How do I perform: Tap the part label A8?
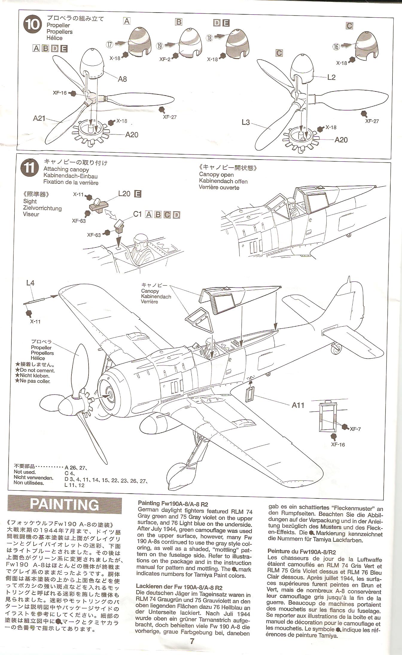click(x=122, y=79)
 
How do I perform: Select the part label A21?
click(x=39, y=118)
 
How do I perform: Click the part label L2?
click(x=331, y=77)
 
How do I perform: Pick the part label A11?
click(x=298, y=405)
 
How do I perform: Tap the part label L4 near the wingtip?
click(x=30, y=282)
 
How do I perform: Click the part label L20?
click(x=124, y=194)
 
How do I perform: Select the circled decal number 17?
click(x=109, y=45)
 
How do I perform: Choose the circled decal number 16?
click(x=336, y=46)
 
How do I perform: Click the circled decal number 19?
click(x=160, y=46)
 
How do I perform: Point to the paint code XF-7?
click(x=355, y=429)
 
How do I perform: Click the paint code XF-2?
click(x=165, y=59)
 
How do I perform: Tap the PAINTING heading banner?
click(x=65, y=505)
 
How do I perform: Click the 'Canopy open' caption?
click(x=216, y=175)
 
